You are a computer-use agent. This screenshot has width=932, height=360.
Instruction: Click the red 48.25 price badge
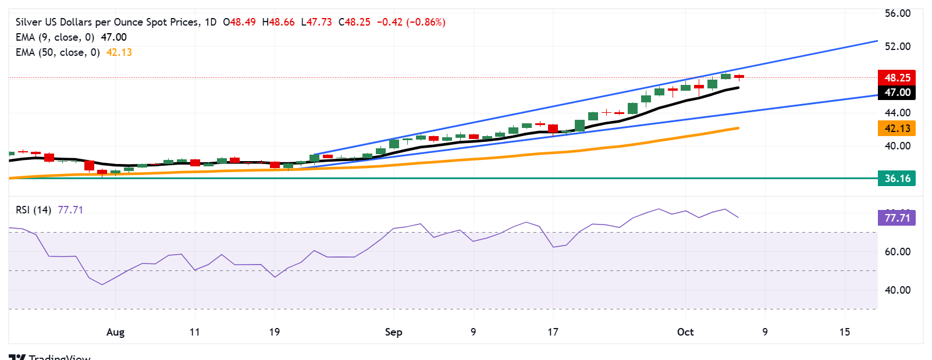897,77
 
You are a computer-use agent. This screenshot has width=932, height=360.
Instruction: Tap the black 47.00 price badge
897,92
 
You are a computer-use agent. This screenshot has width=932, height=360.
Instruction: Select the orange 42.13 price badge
897,129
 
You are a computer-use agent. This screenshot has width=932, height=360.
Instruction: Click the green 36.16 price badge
897,179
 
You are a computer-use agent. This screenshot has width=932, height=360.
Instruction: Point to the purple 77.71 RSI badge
897,218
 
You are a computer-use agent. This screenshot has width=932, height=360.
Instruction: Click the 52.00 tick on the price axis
897,47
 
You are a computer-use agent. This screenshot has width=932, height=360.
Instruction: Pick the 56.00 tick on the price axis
897,13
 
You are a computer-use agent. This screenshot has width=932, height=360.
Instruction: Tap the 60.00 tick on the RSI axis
897,252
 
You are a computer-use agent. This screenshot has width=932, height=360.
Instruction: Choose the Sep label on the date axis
393,332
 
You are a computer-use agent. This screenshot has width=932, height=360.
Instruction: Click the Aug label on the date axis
115,332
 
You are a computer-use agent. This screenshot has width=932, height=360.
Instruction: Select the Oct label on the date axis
685,332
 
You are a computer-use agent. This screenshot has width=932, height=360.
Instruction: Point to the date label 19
274,332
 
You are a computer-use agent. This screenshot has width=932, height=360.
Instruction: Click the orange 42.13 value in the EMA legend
119,52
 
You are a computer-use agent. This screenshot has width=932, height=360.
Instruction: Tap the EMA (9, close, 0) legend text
55,37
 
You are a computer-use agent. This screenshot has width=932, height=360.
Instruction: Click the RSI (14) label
33,210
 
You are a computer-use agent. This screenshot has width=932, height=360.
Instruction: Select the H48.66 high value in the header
278,22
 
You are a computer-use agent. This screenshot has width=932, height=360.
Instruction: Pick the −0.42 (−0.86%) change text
411,22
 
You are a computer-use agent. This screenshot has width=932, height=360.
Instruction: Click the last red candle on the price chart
739,76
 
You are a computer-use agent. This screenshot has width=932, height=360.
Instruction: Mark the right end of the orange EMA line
738,128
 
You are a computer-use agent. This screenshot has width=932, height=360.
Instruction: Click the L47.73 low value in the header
316,22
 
